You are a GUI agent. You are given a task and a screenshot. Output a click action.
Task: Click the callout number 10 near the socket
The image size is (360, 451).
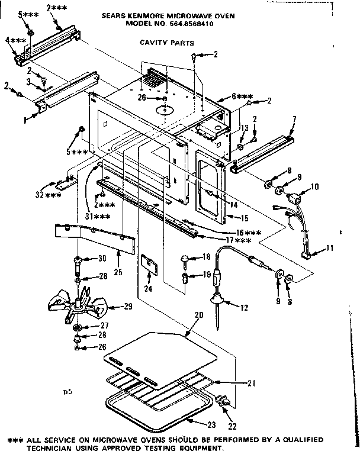[x=314, y=187]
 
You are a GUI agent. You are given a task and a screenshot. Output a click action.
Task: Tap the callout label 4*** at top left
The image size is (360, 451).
[x=15, y=40]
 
